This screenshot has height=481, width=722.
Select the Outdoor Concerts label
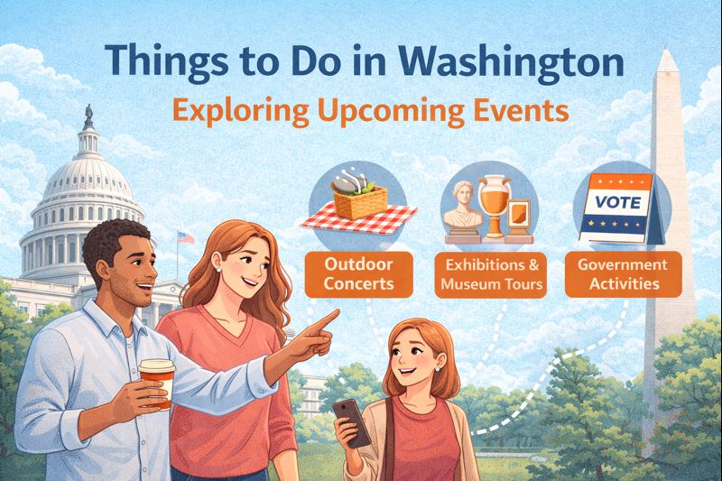[x=359, y=273]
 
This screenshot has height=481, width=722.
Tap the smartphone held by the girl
[x=350, y=421]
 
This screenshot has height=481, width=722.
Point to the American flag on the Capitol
[x=186, y=237]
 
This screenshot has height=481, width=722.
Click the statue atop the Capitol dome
[x=88, y=116]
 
